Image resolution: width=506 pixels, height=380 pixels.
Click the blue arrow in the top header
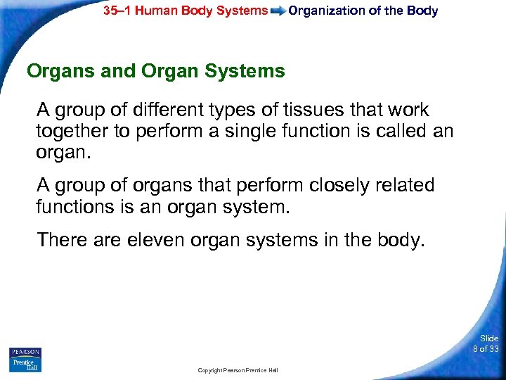pos(278,11)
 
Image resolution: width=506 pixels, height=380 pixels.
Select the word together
pos(70,131)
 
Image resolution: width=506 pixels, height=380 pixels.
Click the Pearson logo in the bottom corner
pos(25,352)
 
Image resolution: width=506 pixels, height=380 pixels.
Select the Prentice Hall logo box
pos(25,365)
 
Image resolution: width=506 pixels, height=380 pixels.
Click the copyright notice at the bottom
pos(238,370)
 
